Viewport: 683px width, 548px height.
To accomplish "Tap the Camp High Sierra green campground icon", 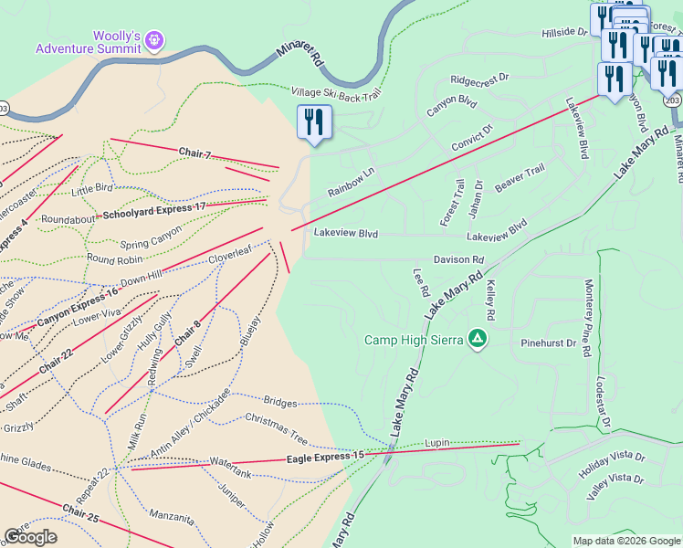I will [476, 340].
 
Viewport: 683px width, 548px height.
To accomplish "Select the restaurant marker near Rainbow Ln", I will [314, 121].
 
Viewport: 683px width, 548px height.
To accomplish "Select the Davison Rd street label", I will [458, 260].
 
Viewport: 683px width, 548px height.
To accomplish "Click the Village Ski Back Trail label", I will [335, 93].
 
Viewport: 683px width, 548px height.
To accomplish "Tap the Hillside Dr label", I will [564, 32].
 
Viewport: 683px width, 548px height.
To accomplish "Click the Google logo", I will [30, 537].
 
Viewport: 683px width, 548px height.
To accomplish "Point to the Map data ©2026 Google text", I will [625, 541].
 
